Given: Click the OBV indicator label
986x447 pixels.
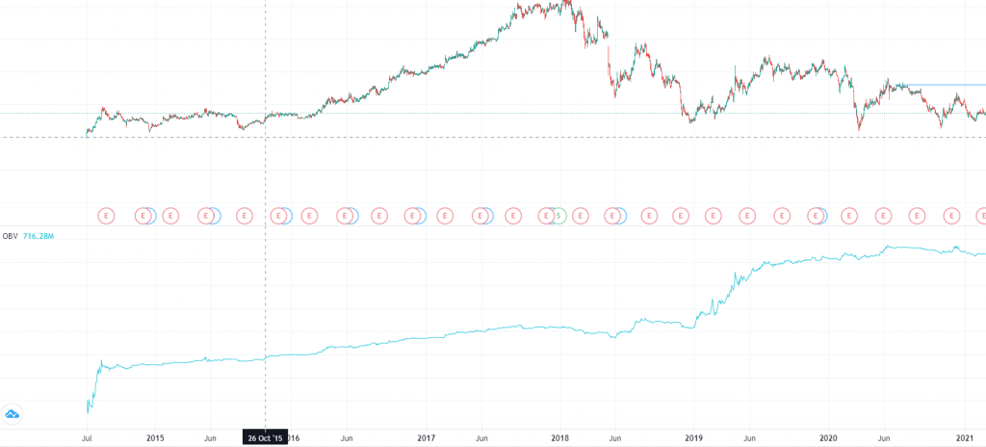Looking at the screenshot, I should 11,235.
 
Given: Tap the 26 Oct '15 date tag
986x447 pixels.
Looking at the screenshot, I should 265,437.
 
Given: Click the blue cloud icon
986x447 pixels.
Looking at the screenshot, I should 13,414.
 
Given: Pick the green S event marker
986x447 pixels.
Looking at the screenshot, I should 557,216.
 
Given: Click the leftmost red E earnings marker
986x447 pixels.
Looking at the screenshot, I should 108,216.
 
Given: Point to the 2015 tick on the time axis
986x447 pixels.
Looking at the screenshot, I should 155,437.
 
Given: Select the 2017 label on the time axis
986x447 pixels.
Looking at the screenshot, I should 427,437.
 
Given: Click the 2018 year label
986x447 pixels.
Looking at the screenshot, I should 559,437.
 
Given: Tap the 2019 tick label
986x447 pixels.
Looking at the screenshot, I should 693,437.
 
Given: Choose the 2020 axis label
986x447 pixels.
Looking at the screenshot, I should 830,437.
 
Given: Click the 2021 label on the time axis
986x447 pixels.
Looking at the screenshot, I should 966,437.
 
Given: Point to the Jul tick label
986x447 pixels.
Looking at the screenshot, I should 88,437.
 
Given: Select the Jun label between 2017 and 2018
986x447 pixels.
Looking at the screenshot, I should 480,437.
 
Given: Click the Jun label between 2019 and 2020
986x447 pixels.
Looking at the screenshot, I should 748,437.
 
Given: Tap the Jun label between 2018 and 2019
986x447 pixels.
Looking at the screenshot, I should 612,437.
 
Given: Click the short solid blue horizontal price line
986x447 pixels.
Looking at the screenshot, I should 948,86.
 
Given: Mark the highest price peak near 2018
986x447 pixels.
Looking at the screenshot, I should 566,3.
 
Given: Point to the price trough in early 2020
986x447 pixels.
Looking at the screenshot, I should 858,128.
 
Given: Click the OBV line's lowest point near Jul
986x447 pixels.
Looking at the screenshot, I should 89,411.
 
